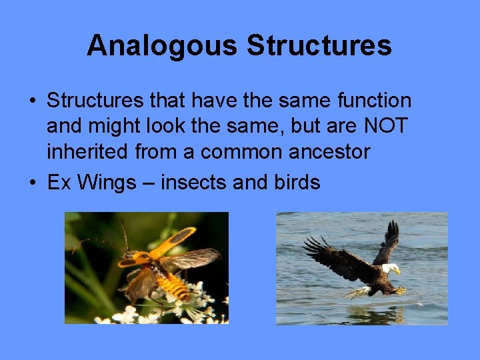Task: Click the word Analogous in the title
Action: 162,46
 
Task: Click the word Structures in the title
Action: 319,46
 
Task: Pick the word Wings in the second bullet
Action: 107,182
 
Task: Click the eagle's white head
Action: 390,269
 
